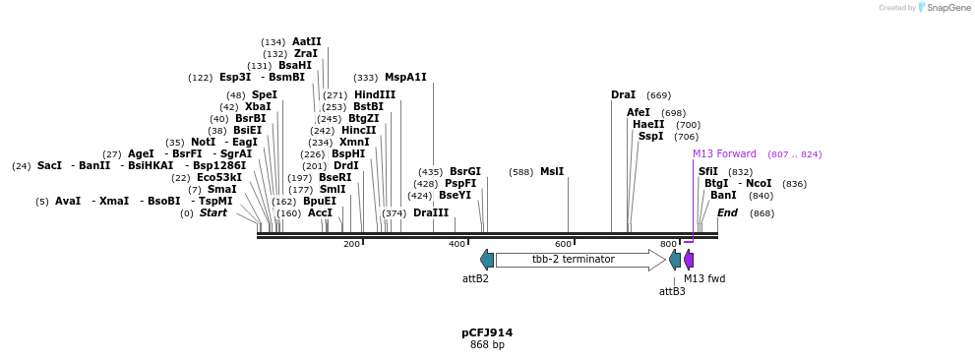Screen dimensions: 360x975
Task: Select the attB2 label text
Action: (475, 278)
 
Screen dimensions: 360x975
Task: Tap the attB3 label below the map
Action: (672, 291)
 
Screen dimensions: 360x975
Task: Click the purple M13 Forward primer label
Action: (724, 154)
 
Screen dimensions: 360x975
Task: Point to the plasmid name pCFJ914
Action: (487, 332)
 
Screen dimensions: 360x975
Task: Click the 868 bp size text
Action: (487, 345)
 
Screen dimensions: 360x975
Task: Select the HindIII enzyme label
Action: (375, 95)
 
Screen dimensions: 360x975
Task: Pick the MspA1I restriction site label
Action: (405, 78)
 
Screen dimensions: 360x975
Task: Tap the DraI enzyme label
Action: (623, 95)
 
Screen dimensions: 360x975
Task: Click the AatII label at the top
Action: (306, 42)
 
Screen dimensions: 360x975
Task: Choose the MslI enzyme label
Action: (552, 172)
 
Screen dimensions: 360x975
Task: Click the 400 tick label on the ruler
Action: (457, 244)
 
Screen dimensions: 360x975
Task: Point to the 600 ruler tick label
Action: (563, 244)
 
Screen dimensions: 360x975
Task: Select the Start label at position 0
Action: (213, 212)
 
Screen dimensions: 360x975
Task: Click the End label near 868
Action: (727, 212)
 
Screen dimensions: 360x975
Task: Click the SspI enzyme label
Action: (650, 137)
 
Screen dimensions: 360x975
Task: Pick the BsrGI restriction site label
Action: (465, 172)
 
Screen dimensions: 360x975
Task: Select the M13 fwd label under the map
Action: (704, 278)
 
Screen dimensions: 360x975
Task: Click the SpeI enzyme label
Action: (264, 95)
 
